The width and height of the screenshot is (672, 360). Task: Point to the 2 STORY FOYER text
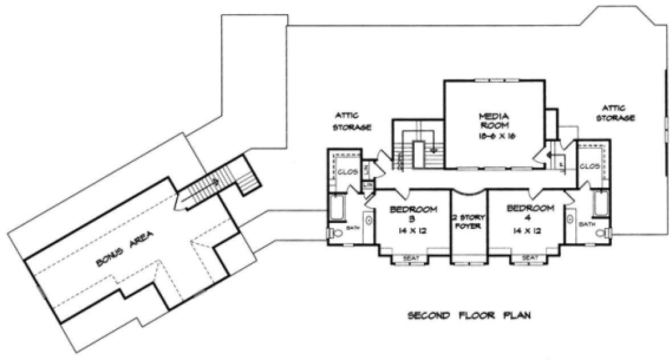[467, 221]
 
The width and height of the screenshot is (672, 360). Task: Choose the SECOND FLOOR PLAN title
[470, 314]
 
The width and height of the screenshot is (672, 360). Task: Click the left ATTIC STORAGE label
[353, 121]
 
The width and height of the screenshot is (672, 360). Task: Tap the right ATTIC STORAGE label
[615, 113]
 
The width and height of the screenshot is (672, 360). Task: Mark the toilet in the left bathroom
[334, 233]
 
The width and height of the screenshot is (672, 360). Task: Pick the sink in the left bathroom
[367, 220]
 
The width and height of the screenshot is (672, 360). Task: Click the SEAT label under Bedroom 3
[411, 258]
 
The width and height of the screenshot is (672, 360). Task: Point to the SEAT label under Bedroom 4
[530, 258]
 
